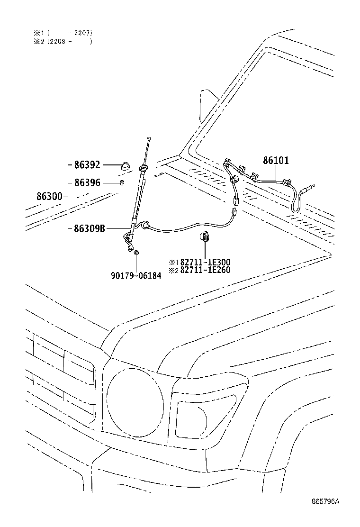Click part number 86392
click(87, 165)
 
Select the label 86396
click(87, 182)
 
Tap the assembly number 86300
click(49, 196)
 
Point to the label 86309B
click(89, 228)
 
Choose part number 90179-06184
click(136, 275)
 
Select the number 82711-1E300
click(205, 262)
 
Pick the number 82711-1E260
click(205, 271)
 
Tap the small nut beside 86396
click(122, 182)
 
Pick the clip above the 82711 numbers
click(205, 236)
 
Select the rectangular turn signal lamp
click(204, 415)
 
